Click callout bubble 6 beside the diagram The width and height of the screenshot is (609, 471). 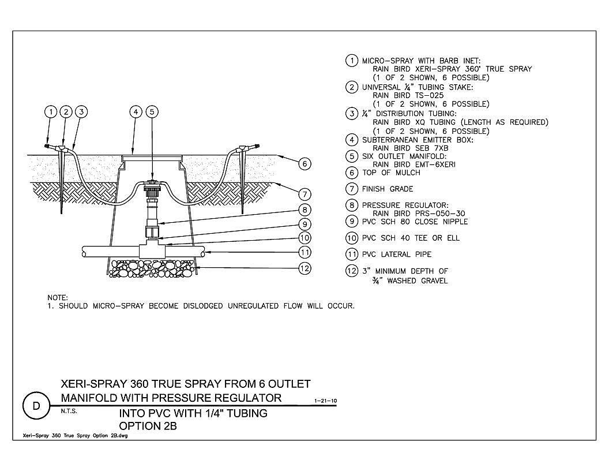305,164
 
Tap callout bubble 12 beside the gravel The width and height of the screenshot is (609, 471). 305,268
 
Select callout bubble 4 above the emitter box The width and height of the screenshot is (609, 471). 136,112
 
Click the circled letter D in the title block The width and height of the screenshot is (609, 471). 36,406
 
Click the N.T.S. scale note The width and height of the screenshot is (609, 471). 69,411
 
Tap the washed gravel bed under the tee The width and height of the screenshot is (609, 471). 152,268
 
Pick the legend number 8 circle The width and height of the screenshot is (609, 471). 351,205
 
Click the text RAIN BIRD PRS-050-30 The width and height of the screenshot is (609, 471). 419,214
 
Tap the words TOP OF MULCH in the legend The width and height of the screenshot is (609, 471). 391,173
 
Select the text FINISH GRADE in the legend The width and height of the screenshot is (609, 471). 388,189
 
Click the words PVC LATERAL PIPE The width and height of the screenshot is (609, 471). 397,254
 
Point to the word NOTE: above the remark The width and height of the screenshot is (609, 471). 58,298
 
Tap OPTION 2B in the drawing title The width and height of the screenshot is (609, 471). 148,426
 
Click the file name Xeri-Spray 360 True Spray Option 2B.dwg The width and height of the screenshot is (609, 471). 76,436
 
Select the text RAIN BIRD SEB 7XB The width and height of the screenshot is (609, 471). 411,148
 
